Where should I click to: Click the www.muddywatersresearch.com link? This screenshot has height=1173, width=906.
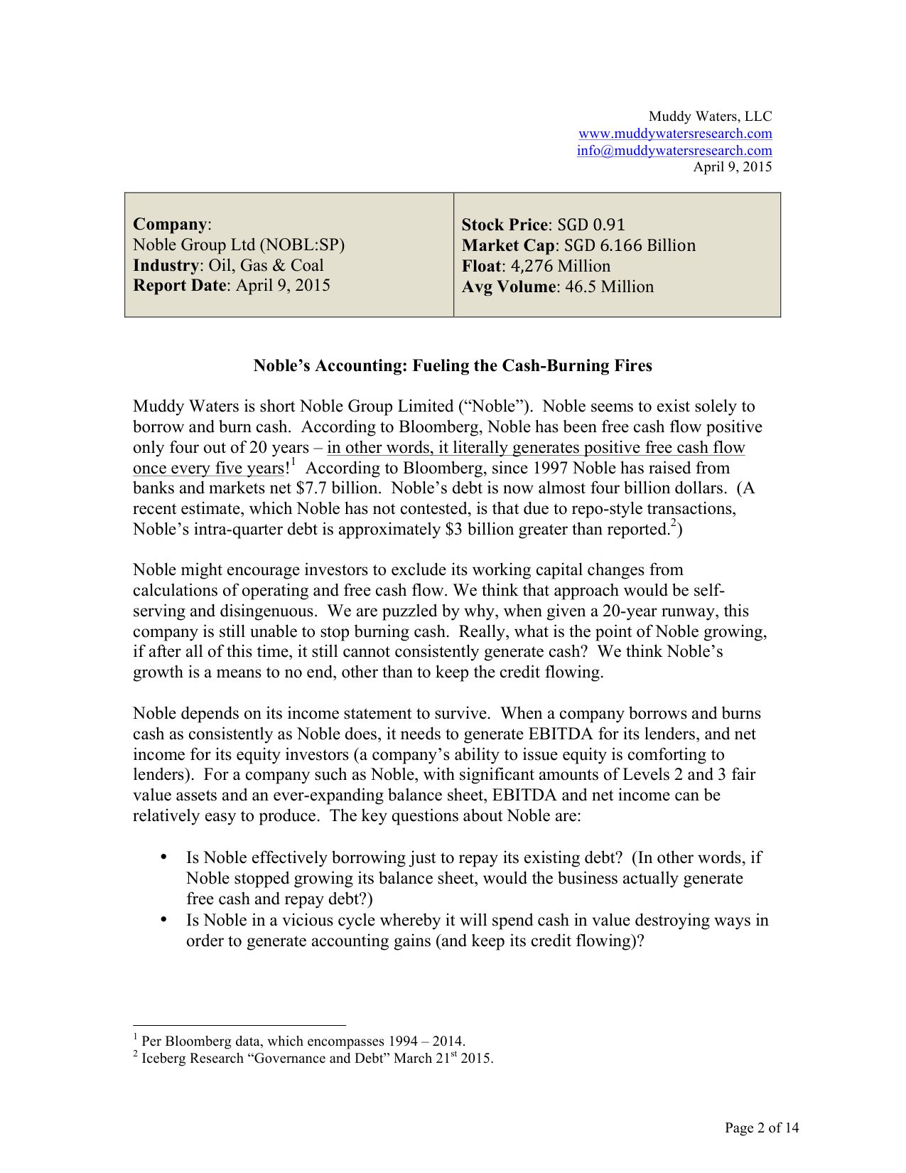pyautogui.click(x=675, y=134)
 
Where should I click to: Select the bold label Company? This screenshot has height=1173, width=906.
pyautogui.click(x=170, y=224)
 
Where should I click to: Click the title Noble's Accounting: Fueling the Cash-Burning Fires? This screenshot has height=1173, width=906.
pyautogui.click(x=453, y=365)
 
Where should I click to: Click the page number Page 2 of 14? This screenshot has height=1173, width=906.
pyautogui.click(x=762, y=1128)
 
